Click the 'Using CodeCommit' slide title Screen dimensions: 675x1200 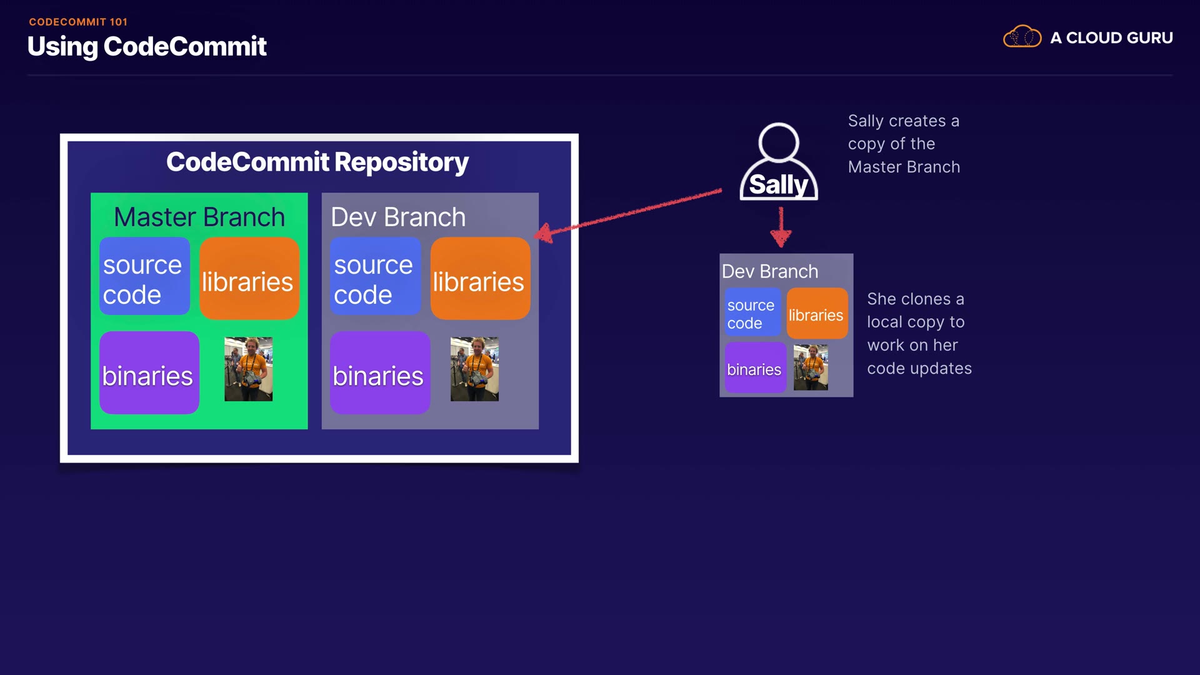tap(147, 47)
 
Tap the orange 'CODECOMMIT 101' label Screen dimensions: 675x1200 tap(78, 22)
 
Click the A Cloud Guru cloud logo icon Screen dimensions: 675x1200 tap(1022, 37)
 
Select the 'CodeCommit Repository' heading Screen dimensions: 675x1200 tap(317, 162)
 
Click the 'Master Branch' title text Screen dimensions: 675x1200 tap(199, 217)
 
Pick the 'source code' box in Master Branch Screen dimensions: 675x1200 tap(144, 276)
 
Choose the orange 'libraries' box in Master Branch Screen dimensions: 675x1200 tap(249, 279)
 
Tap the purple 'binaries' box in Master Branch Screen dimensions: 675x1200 tap(149, 373)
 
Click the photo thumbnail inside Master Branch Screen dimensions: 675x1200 tap(248, 369)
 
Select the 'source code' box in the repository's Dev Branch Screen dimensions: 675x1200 tap(375, 276)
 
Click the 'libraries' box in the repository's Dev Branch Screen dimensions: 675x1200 tap(480, 279)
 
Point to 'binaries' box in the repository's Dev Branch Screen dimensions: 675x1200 tap(379, 373)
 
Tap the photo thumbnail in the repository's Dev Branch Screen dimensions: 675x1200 tap(474, 369)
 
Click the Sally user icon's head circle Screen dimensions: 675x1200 tap(779, 142)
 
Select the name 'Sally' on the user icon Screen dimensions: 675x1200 tap(779, 184)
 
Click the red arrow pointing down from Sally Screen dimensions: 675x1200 tap(781, 227)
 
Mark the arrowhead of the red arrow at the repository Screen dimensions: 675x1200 tap(544, 234)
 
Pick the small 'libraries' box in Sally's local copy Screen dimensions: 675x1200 tap(816, 314)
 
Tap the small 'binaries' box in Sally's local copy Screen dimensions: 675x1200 tap(754, 369)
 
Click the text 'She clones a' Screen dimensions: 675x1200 tap(916, 299)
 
